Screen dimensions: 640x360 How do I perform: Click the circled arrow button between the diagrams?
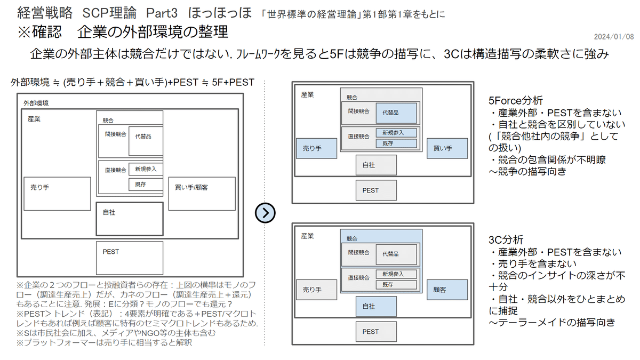[265, 213]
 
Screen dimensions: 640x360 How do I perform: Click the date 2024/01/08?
[614, 37]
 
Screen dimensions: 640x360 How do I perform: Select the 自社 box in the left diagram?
[130, 219]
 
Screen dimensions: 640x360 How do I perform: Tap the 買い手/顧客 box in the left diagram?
[202, 194]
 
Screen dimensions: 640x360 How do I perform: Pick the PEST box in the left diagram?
[130, 258]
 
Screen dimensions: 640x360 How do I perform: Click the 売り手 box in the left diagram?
[58, 194]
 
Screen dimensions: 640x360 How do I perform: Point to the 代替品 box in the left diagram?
[146, 141]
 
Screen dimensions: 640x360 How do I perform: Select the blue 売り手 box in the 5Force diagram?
[317, 149]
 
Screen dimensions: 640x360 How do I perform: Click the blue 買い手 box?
[447, 149]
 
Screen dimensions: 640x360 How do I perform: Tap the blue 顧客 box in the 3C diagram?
[447, 290]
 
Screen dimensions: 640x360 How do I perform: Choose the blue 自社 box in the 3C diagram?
[377, 306]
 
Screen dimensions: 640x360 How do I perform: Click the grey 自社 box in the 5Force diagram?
[377, 165]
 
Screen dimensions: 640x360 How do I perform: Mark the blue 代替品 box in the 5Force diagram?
[396, 113]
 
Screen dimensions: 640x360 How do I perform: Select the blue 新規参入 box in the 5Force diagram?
[396, 133]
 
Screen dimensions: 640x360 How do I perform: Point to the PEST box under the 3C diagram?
[377, 332]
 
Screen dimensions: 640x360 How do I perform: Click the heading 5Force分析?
[515, 101]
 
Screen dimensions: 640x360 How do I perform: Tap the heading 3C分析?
[506, 239]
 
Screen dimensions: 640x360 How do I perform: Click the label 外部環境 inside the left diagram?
[36, 103]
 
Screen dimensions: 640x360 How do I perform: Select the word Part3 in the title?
[162, 13]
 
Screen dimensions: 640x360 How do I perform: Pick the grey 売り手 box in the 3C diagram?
[317, 290]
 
